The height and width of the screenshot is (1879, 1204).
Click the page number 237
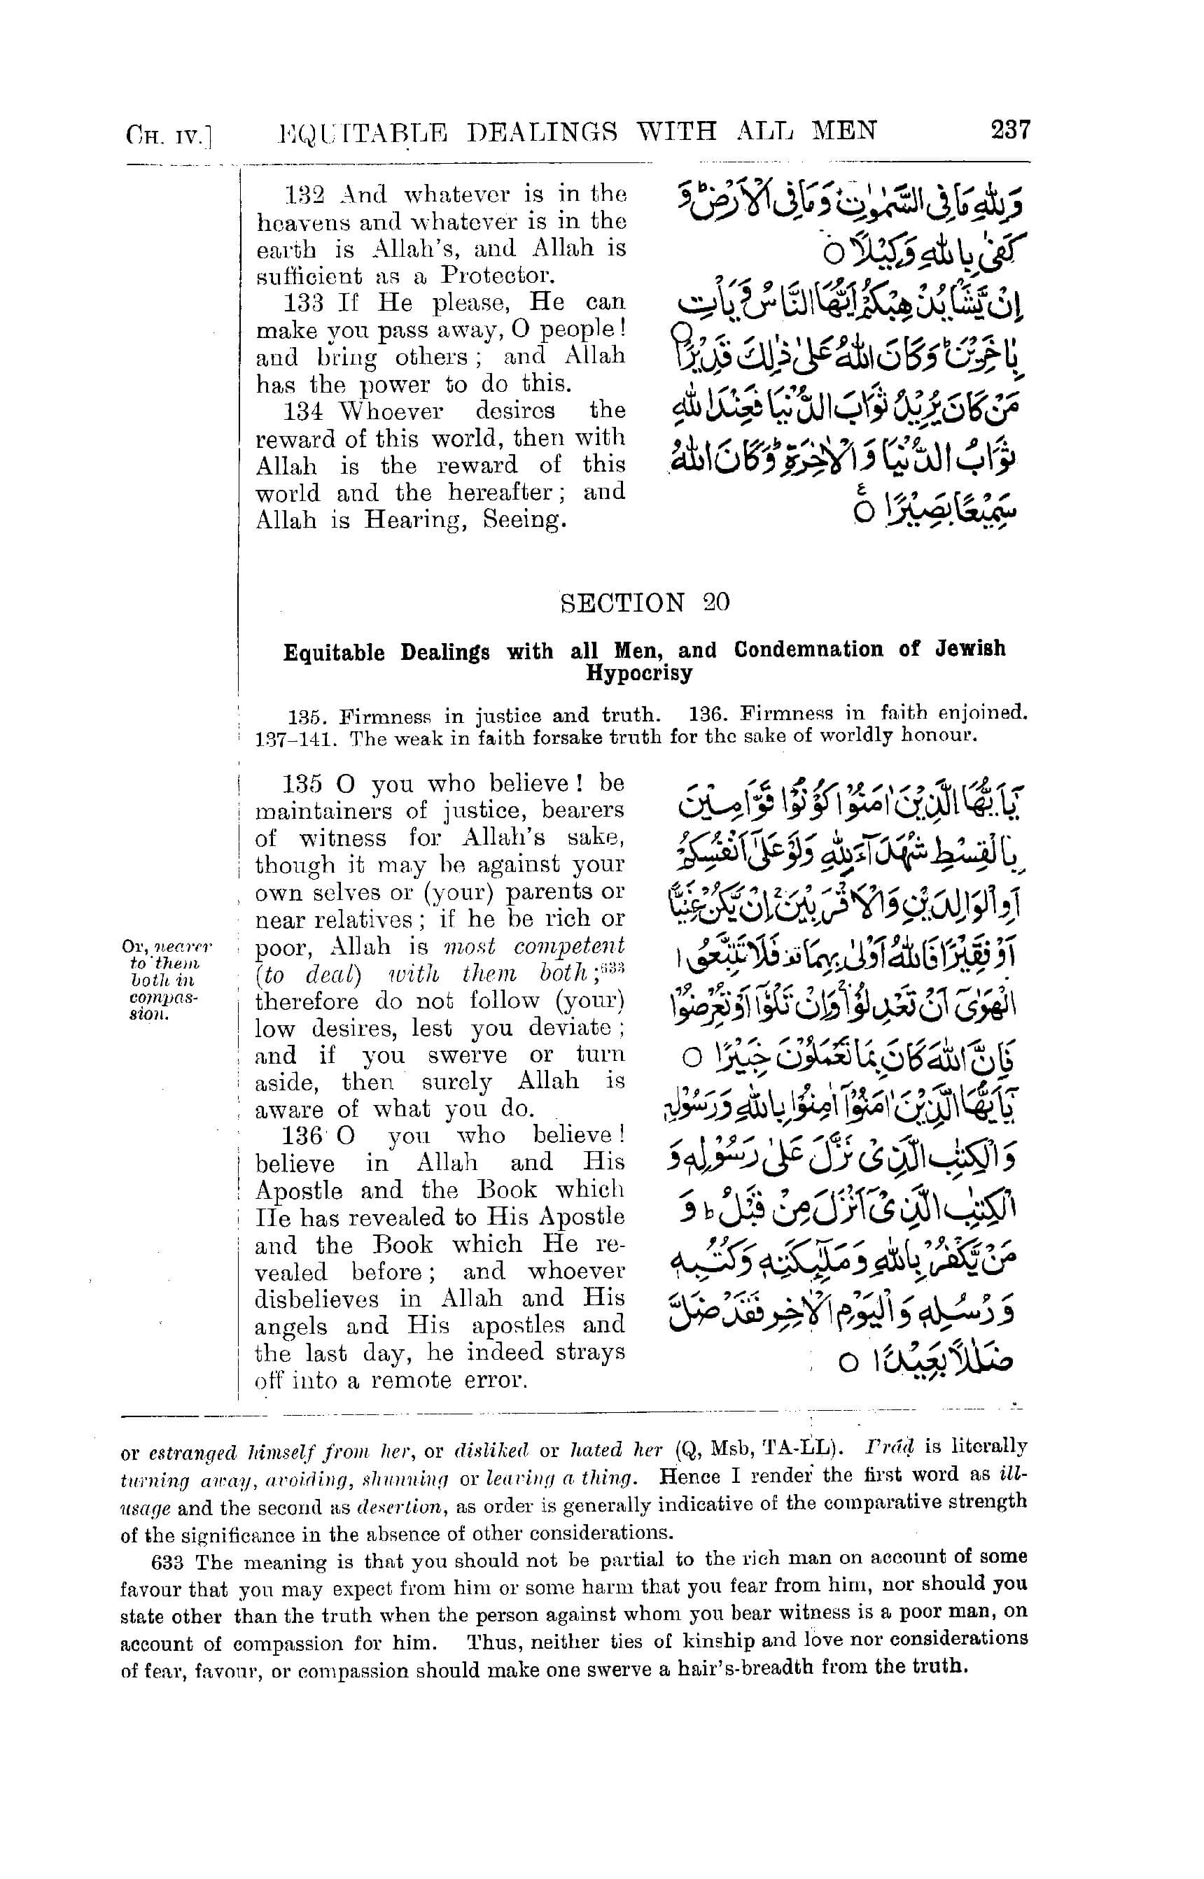click(x=1010, y=129)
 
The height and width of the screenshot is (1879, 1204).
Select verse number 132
click(x=300, y=194)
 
